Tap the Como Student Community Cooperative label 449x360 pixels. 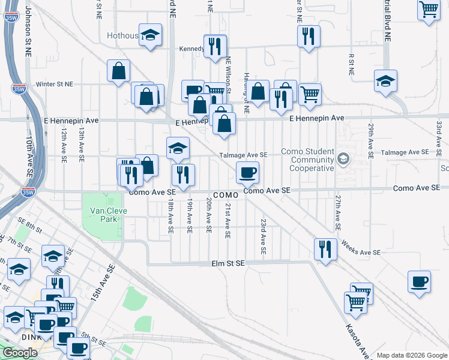point(312,160)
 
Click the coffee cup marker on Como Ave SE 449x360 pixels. point(247,173)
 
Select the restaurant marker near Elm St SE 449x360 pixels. point(325,249)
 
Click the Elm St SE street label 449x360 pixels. point(228,263)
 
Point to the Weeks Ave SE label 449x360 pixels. point(361,248)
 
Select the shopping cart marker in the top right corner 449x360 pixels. point(429,9)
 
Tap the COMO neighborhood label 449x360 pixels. point(227,196)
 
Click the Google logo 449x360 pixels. point(20,353)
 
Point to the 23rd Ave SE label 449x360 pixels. point(263,236)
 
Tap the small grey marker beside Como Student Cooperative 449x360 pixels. point(343,159)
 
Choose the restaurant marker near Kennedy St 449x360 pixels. point(214,46)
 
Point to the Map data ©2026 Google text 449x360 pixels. point(412,355)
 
